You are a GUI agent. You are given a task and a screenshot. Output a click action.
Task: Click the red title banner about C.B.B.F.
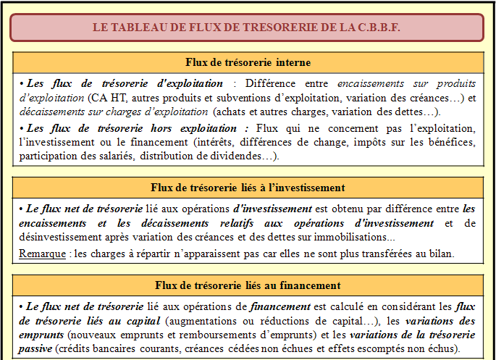[247, 27]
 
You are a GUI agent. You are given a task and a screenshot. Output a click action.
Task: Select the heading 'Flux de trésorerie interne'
[248, 62]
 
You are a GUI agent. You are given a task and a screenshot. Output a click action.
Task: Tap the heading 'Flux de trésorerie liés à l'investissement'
[248, 188]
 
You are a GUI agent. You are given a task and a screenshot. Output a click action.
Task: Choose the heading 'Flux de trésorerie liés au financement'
[248, 285]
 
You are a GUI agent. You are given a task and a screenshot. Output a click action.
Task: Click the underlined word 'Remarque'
[42, 254]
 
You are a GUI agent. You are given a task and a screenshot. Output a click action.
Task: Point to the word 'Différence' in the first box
[273, 84]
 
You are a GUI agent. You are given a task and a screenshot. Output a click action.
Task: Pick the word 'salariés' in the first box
[115, 156]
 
